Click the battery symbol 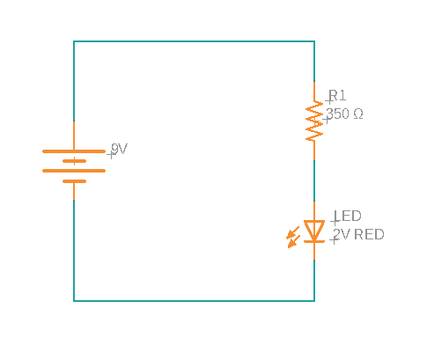click(x=74, y=165)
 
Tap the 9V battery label click(x=119, y=150)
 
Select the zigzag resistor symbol click(x=314, y=121)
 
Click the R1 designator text click(x=338, y=96)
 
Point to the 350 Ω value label click(x=344, y=114)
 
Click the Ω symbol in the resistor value click(x=357, y=114)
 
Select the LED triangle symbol click(x=314, y=231)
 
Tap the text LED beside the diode click(x=347, y=216)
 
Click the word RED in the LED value click(x=369, y=234)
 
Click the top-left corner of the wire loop click(x=74, y=40)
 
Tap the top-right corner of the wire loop click(x=314, y=40)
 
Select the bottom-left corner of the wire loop click(x=74, y=301)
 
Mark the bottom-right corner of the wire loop click(x=314, y=301)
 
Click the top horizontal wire click(x=194, y=40)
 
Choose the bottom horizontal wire click(x=194, y=301)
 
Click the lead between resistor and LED click(x=314, y=180)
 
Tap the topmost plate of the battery click(x=74, y=151)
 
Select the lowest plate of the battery click(x=74, y=180)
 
